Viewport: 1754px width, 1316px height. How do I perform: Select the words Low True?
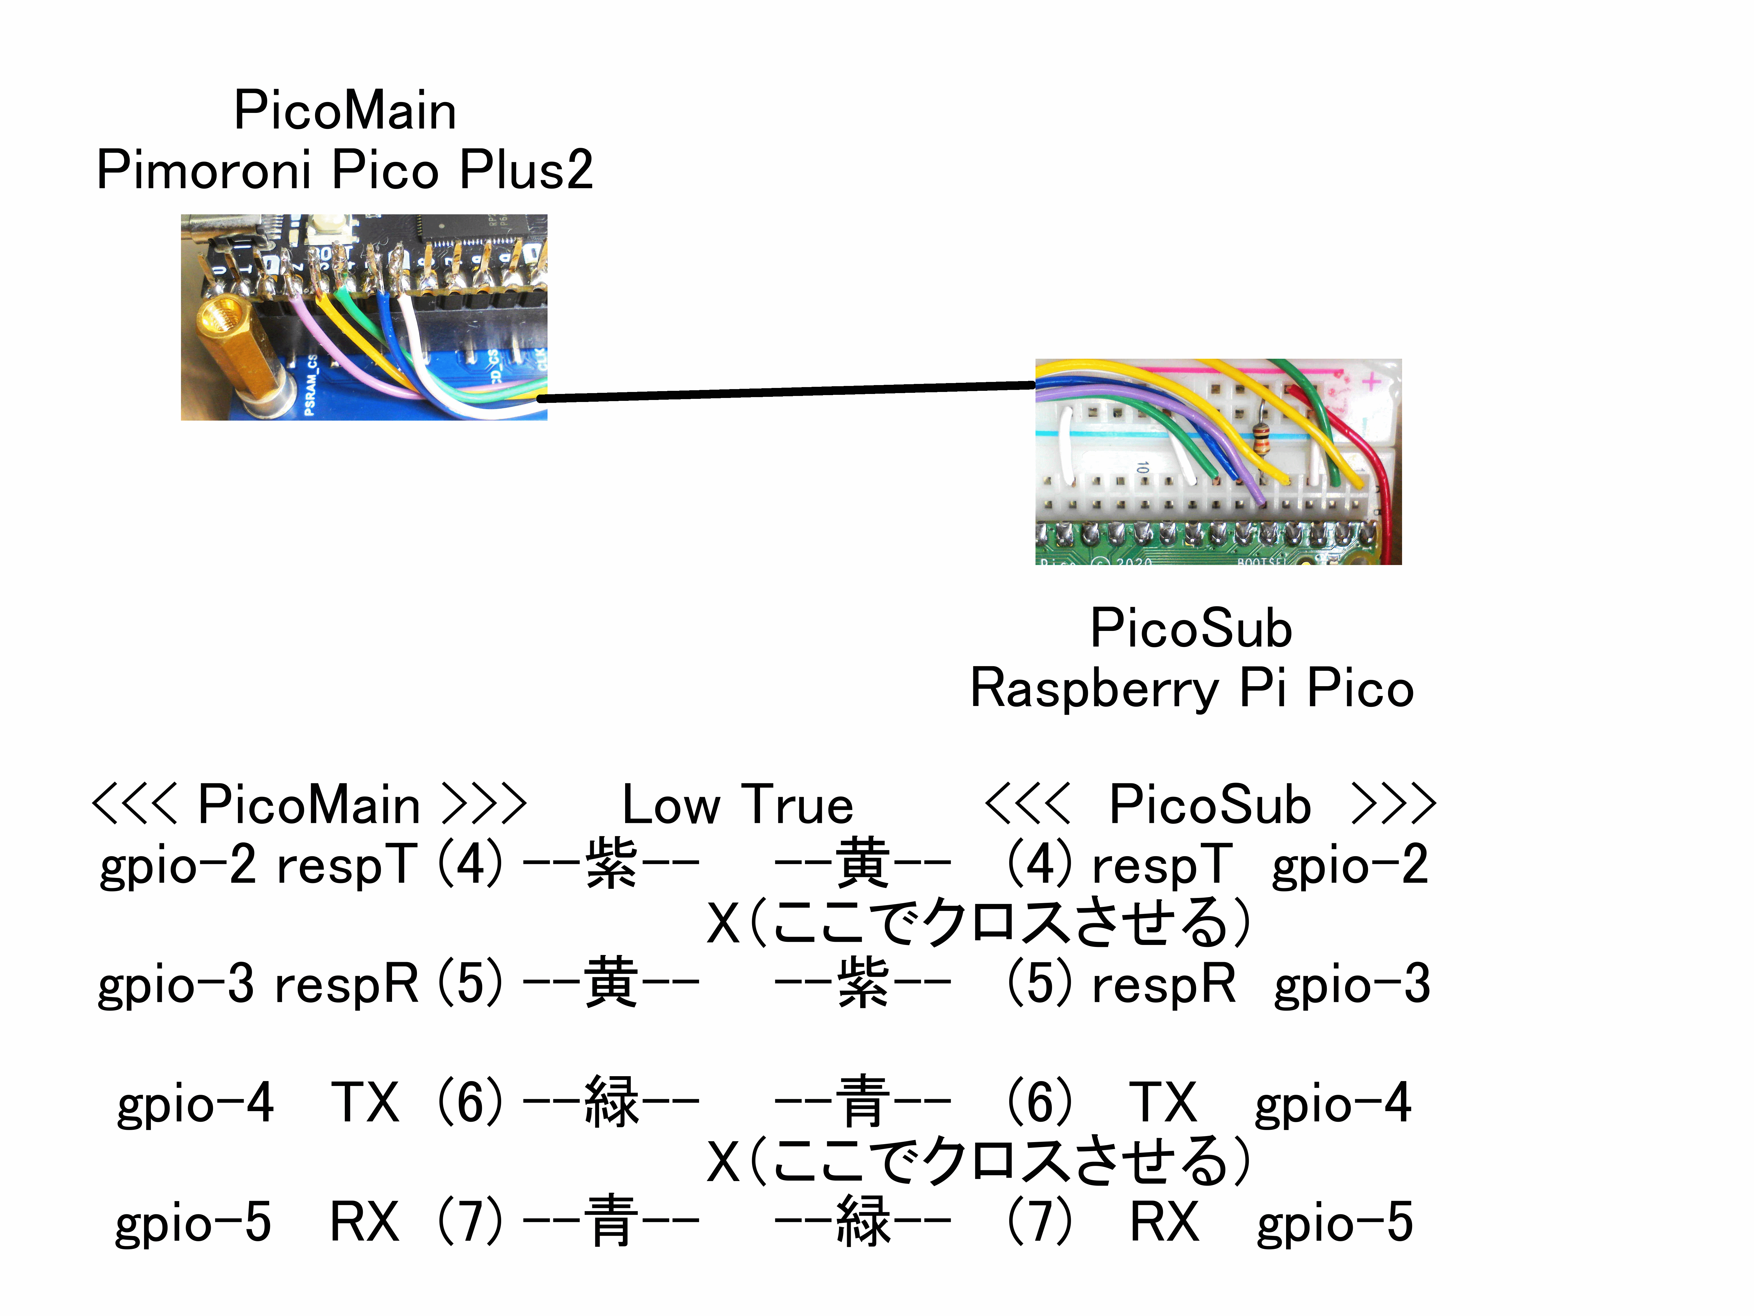tap(737, 805)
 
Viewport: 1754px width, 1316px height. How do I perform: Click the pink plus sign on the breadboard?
tap(1371, 382)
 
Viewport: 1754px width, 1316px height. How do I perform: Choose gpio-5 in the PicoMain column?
tap(193, 1222)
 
